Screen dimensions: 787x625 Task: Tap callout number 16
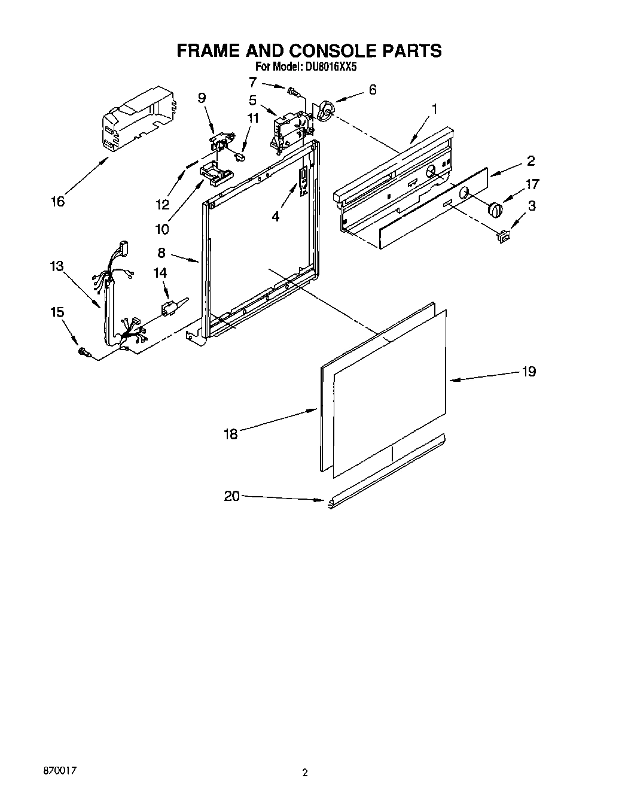pos(57,202)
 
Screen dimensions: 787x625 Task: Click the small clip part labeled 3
pos(503,237)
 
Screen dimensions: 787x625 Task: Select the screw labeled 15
pos(84,354)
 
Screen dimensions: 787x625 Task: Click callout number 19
pos(528,371)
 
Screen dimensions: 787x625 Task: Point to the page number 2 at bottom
pos(305,772)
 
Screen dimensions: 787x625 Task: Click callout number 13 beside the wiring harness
pos(57,266)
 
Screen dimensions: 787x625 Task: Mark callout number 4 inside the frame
pos(275,217)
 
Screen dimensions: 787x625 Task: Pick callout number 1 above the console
pos(435,109)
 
